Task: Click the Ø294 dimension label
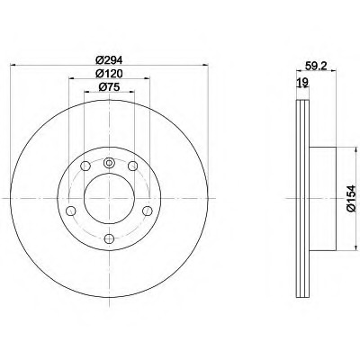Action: [x=109, y=60]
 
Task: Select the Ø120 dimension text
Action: [x=109, y=74]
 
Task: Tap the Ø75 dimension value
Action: [x=109, y=87]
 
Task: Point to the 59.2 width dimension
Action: [x=315, y=66]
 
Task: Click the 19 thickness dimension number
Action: [x=302, y=82]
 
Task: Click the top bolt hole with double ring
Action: [x=109, y=163]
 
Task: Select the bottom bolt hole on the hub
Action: [x=109, y=238]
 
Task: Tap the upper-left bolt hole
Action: [x=85, y=166]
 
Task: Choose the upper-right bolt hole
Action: [x=132, y=166]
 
